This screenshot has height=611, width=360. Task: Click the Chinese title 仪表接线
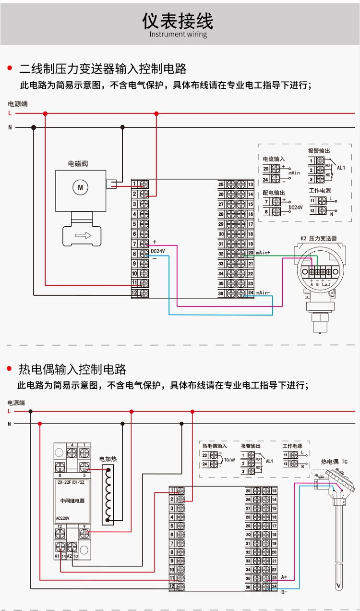pyautogui.click(x=178, y=21)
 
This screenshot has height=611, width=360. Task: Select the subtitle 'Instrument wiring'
pyautogui.click(x=178, y=35)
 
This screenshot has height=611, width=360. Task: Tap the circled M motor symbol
pyautogui.click(x=80, y=187)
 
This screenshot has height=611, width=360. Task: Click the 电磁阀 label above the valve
pyautogui.click(x=78, y=164)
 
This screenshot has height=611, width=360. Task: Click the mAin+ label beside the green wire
pyautogui.click(x=263, y=253)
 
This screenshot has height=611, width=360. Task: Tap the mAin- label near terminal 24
pyautogui.click(x=263, y=293)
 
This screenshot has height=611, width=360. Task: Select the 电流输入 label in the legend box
pyautogui.click(x=274, y=159)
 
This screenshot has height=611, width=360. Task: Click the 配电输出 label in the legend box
pyautogui.click(x=274, y=193)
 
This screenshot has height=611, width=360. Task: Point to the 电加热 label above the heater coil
pyautogui.click(x=108, y=459)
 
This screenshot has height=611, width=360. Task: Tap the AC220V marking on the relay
pyautogui.click(x=63, y=518)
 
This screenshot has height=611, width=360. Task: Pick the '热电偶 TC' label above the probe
pyautogui.click(x=334, y=462)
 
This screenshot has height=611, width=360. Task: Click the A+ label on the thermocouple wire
pyautogui.click(x=284, y=577)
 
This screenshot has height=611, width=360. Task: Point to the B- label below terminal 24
pyautogui.click(x=284, y=592)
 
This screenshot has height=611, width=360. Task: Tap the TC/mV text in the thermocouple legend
pyautogui.click(x=229, y=460)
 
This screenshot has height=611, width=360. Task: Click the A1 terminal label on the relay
pyautogui.click(x=57, y=556)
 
